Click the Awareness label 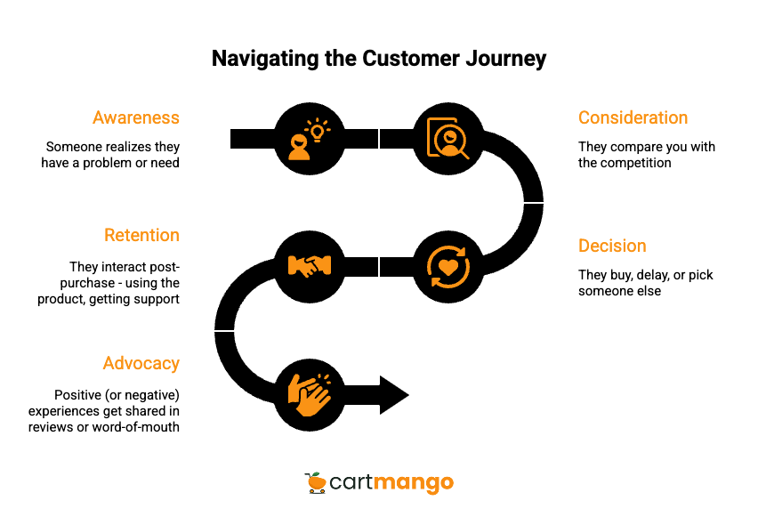[136, 117]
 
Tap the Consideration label [633, 117]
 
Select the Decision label [612, 246]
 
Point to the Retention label [141, 235]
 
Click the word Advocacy [141, 363]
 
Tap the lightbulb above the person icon [317, 131]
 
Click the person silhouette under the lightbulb [299, 149]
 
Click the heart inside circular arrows [448, 266]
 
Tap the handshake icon [309, 266]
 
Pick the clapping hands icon [309, 394]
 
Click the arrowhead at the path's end [394, 394]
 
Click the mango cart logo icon [315, 482]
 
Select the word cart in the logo [351, 483]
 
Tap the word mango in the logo [414, 484]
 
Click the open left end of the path [234, 139]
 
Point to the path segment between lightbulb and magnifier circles [379, 139]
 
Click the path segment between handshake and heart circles [379, 266]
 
